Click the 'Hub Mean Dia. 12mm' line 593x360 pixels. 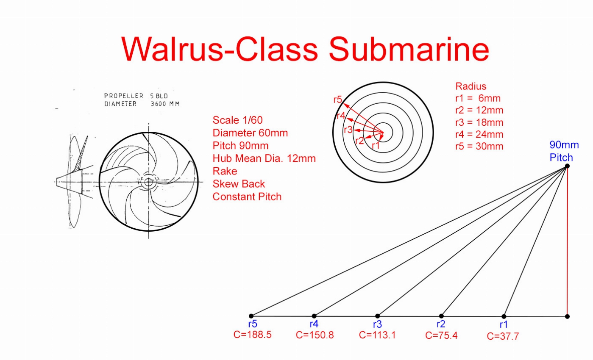264,158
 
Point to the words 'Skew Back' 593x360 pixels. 239,184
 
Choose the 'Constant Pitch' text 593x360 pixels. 247,197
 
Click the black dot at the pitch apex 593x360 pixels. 567,166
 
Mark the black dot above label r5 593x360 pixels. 251,316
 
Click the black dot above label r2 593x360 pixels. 441,316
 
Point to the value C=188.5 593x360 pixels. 252,335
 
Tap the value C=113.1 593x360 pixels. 377,335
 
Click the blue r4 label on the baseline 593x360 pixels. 314,324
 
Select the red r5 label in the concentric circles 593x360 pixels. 337,100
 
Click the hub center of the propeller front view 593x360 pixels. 149,183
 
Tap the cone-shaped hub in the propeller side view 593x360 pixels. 68,181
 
